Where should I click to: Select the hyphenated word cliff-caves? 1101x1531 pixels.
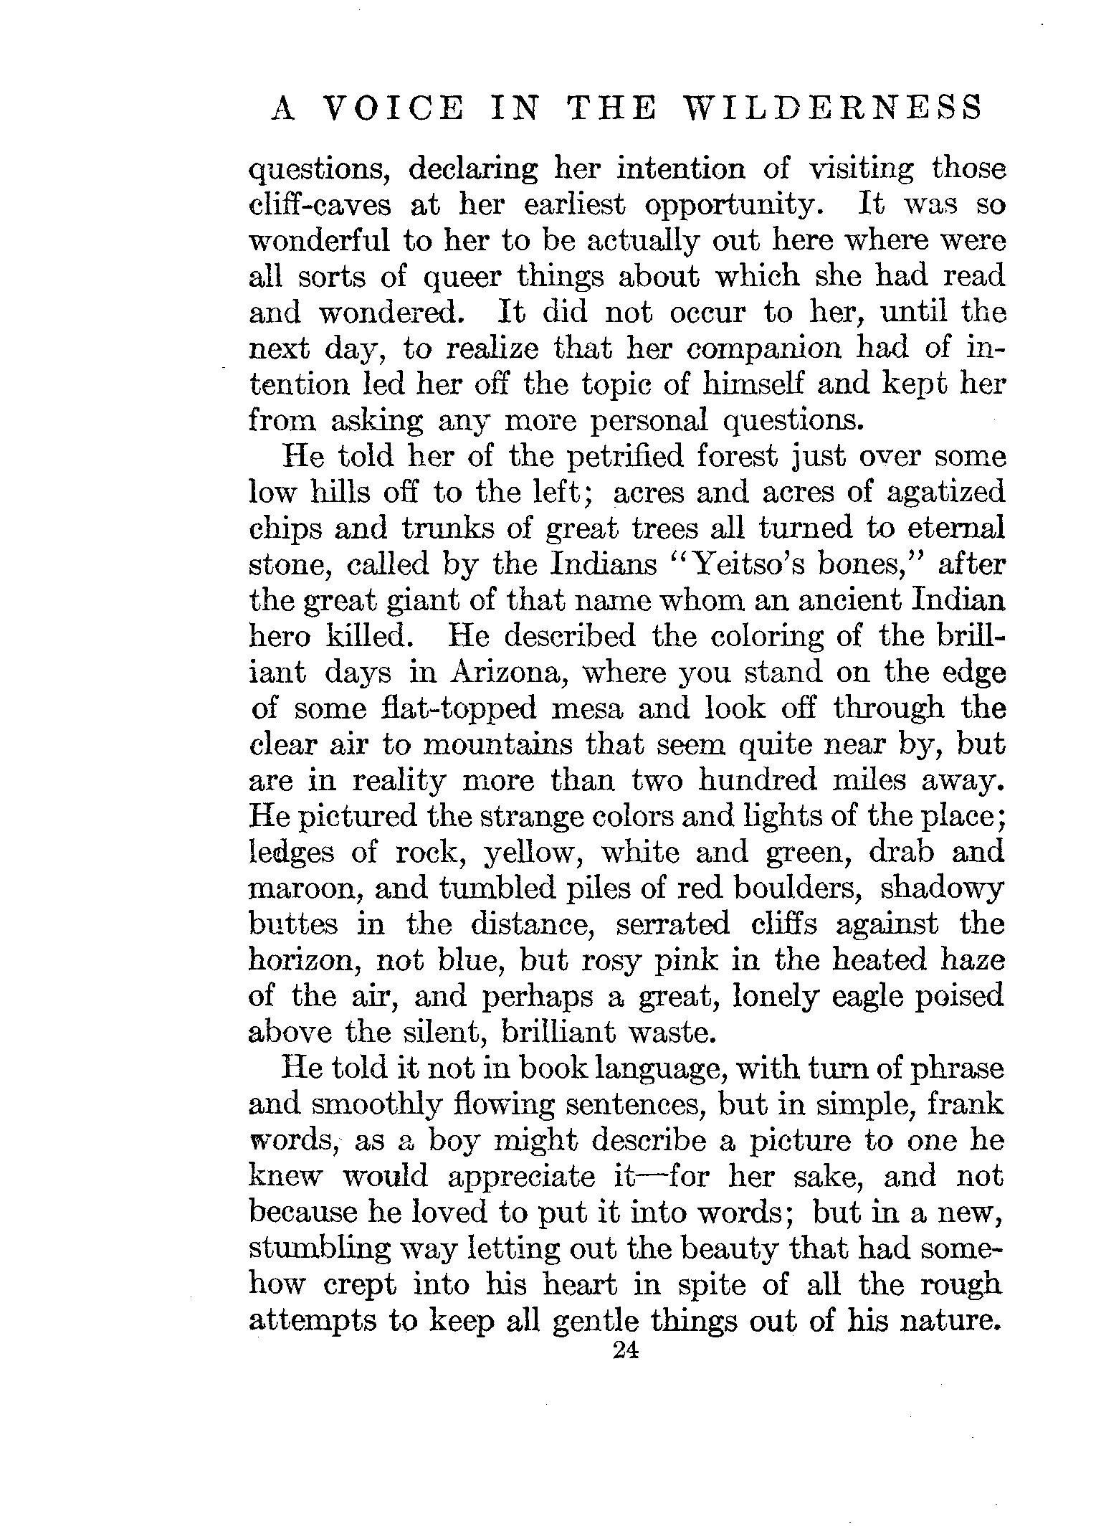(x=320, y=206)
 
